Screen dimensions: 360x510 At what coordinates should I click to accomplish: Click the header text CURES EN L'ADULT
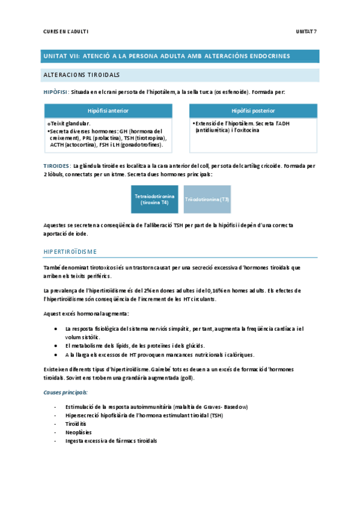tap(66, 31)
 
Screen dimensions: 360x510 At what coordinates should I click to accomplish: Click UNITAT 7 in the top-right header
tap(307, 31)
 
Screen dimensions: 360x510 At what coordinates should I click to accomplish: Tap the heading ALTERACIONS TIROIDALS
tap(81, 75)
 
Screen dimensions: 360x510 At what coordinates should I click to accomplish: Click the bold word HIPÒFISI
tap(55, 92)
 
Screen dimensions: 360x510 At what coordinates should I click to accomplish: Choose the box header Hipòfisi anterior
tap(108, 111)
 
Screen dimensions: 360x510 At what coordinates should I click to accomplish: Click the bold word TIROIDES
tap(56, 165)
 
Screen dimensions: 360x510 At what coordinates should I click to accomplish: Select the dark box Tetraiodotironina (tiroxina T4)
tap(155, 199)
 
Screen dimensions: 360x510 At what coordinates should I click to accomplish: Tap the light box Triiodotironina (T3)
tap(207, 199)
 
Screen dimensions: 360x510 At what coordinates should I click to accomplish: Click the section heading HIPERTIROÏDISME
tap(71, 251)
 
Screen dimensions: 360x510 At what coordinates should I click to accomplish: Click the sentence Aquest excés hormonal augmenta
tap(85, 314)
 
